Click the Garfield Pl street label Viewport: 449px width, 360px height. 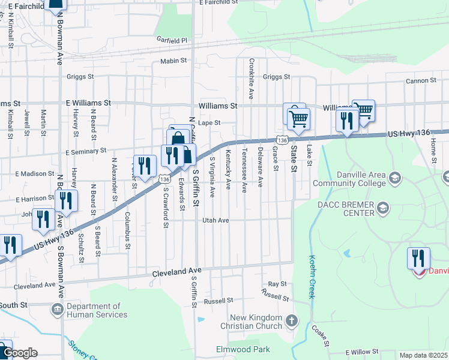172,40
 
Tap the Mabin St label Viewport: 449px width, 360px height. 174,61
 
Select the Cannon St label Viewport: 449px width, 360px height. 420,80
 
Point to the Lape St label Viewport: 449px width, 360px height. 209,123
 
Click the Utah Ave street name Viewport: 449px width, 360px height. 215,221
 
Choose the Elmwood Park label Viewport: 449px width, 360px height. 243,349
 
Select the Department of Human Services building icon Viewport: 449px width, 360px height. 57,310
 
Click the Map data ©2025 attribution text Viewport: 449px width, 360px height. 423,355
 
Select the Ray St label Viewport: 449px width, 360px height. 277,283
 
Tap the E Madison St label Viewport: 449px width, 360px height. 35,174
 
